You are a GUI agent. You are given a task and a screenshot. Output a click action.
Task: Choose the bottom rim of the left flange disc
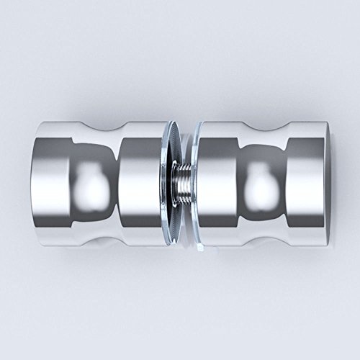[167, 245]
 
